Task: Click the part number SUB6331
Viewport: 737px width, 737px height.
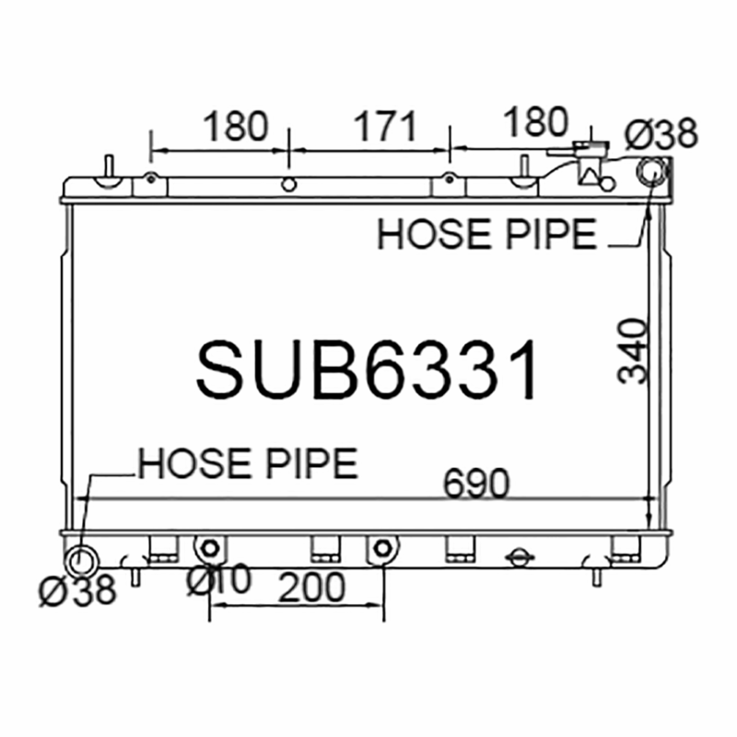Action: (x=367, y=370)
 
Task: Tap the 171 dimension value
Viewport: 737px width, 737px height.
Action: (x=385, y=126)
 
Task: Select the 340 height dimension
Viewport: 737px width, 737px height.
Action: (x=633, y=351)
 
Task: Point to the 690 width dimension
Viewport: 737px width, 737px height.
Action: (x=476, y=483)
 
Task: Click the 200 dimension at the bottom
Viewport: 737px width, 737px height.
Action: (x=312, y=587)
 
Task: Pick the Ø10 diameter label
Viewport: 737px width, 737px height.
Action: (x=219, y=579)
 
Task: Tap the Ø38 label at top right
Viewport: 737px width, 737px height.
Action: (x=661, y=134)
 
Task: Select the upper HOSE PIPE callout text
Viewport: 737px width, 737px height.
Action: (x=487, y=234)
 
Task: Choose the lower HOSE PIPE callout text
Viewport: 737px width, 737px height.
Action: (x=248, y=463)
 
